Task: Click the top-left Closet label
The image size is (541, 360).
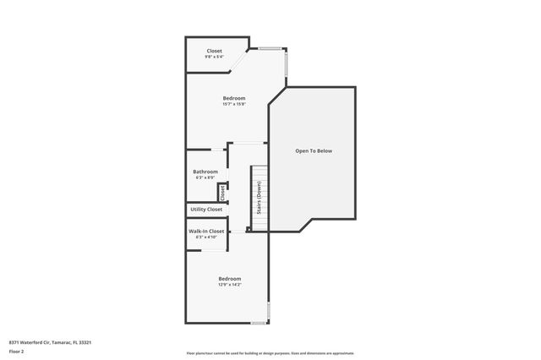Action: [x=214, y=51]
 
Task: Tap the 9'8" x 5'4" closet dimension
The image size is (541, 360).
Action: [x=214, y=57]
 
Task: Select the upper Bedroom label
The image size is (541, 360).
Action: [x=234, y=98]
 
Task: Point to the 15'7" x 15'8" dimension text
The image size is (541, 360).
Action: [x=234, y=104]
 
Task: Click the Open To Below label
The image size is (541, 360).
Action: [x=313, y=150]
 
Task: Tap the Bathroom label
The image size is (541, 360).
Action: [x=205, y=172]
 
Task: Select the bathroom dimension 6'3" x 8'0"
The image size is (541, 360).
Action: [x=205, y=177]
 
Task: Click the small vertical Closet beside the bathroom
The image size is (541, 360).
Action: [x=222, y=192]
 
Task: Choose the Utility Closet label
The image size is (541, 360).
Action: [x=206, y=209]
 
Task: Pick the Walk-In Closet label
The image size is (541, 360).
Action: [x=206, y=231]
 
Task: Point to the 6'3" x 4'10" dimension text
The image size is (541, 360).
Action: [x=206, y=237]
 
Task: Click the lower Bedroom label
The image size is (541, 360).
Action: [x=229, y=279]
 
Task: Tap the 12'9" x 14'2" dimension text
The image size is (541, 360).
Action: [x=229, y=285]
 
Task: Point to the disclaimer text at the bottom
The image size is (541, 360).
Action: [x=270, y=352]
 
